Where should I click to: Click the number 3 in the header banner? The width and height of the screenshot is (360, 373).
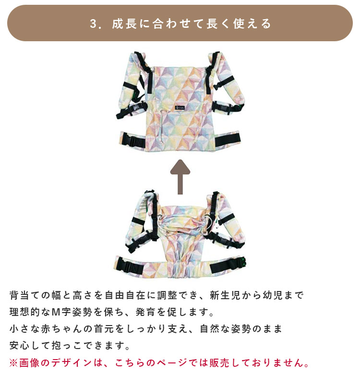tap(93, 24)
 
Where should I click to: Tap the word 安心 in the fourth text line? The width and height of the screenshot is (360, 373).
tap(20, 345)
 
